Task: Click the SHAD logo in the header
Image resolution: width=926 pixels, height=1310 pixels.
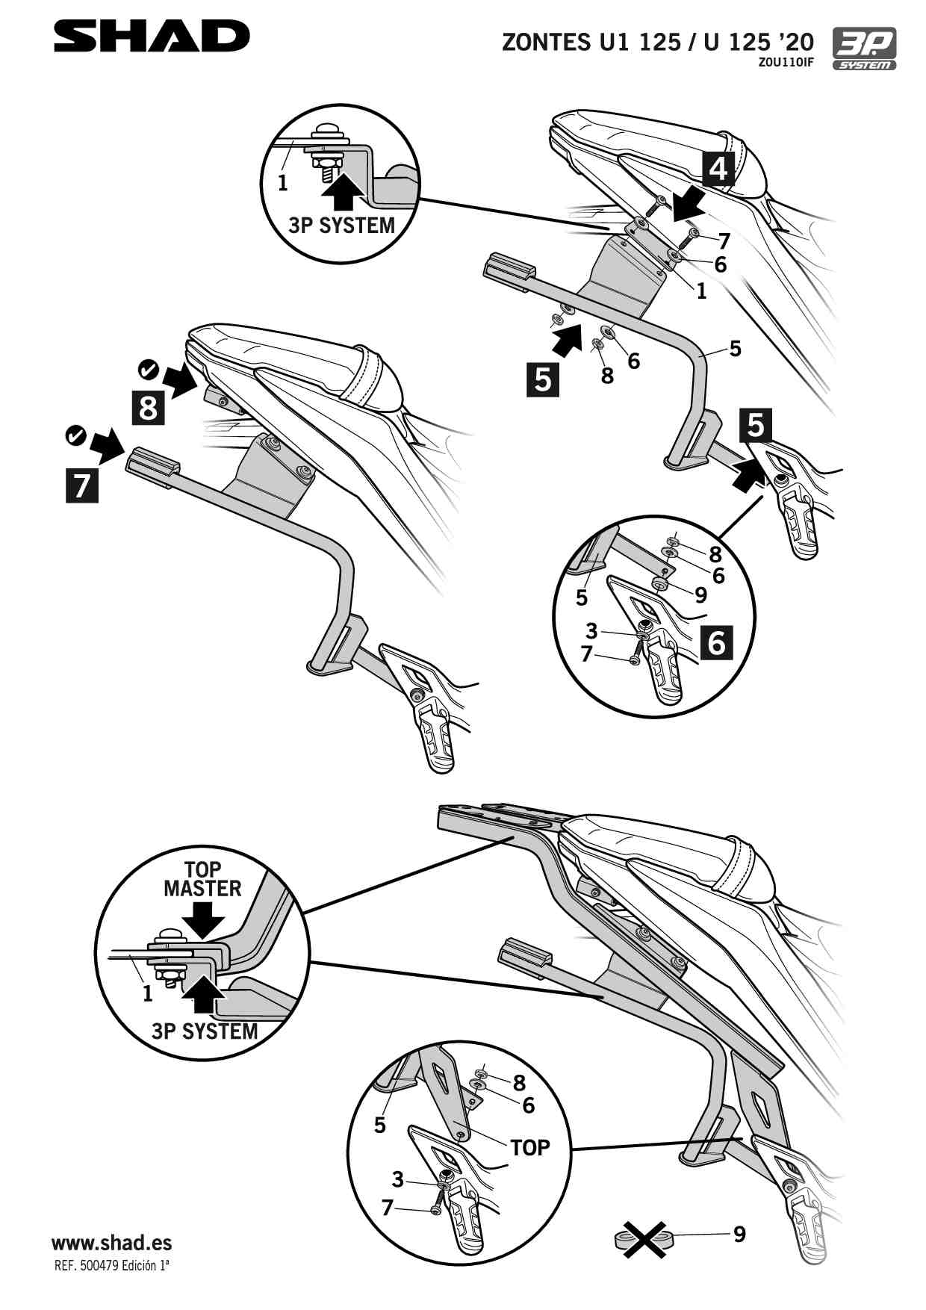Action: pyautogui.click(x=152, y=37)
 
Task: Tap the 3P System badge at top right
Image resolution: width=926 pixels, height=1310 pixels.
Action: pyautogui.click(x=864, y=49)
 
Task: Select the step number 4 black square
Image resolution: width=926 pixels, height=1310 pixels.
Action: pyautogui.click(x=718, y=168)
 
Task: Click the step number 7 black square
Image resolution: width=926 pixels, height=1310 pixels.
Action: pyautogui.click(x=82, y=485)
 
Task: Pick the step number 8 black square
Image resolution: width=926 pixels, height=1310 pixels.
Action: pyautogui.click(x=148, y=408)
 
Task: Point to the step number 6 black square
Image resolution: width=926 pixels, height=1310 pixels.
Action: pyautogui.click(x=716, y=642)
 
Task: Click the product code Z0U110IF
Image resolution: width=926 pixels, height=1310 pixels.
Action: pyautogui.click(x=786, y=63)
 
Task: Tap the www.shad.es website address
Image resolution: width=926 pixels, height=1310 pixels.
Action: pyautogui.click(x=111, y=1243)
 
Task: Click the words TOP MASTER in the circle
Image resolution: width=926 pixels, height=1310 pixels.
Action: pyautogui.click(x=202, y=879)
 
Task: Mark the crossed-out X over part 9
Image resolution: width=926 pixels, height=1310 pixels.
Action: pyautogui.click(x=644, y=1239)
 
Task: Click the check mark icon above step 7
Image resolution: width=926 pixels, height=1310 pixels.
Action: pyautogui.click(x=76, y=435)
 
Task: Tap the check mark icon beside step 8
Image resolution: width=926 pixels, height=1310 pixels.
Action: pyautogui.click(x=148, y=368)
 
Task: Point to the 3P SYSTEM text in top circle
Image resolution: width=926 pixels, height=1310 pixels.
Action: pyautogui.click(x=341, y=225)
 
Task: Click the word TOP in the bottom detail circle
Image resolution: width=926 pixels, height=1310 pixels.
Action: pyautogui.click(x=529, y=1147)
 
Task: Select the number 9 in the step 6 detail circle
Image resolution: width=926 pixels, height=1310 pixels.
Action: pyautogui.click(x=700, y=595)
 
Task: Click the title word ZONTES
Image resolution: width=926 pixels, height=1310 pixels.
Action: pyautogui.click(x=546, y=42)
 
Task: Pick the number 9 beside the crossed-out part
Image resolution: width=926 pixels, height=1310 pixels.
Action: pyautogui.click(x=739, y=1234)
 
